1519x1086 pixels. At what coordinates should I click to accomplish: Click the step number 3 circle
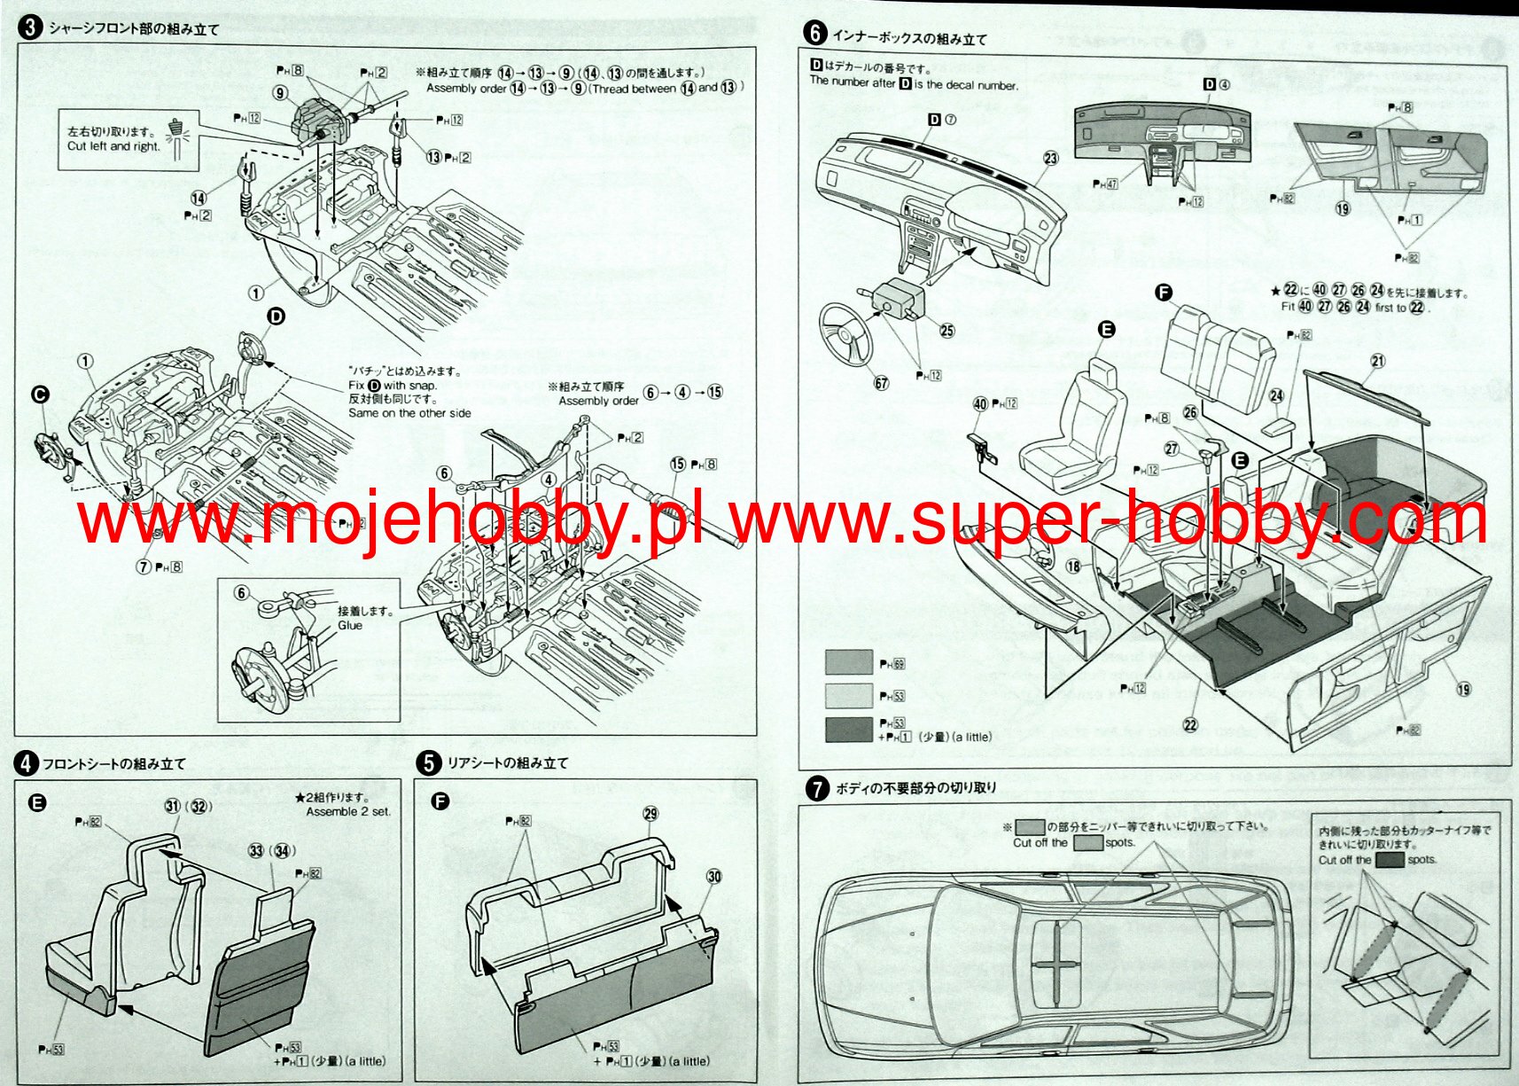point(30,27)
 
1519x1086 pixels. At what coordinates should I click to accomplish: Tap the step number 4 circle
point(27,763)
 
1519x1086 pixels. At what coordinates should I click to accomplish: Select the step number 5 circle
point(429,762)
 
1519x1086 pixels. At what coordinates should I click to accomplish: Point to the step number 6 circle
point(814,34)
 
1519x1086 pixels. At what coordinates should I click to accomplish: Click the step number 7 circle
point(817,787)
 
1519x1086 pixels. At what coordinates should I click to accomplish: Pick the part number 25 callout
point(946,331)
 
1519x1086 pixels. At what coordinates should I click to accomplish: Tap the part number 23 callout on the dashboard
point(1050,159)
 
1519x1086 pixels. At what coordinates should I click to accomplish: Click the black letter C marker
point(40,395)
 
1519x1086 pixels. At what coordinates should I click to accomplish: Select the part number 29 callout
point(650,814)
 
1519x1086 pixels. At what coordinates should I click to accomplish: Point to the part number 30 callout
point(713,876)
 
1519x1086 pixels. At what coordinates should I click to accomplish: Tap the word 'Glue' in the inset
point(350,625)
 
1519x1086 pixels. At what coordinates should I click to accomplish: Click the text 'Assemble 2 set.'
point(348,811)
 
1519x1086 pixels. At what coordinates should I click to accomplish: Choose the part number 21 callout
point(1377,361)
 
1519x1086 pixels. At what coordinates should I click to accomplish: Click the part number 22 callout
point(1190,724)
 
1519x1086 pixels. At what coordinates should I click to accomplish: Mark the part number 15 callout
point(678,464)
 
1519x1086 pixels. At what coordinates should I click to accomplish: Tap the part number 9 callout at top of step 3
point(280,93)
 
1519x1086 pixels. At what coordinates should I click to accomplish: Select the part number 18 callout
point(1073,566)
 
